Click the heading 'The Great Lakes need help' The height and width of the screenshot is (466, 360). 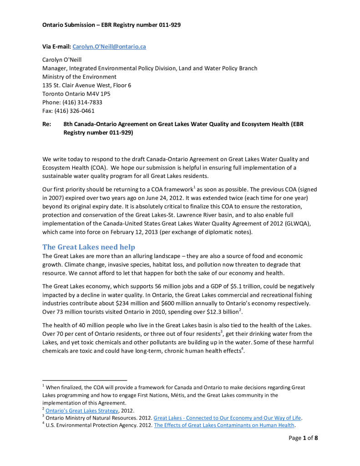[89, 247]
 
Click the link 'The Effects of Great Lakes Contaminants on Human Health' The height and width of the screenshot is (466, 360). [224, 426]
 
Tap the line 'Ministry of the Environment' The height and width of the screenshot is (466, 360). [79, 77]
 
